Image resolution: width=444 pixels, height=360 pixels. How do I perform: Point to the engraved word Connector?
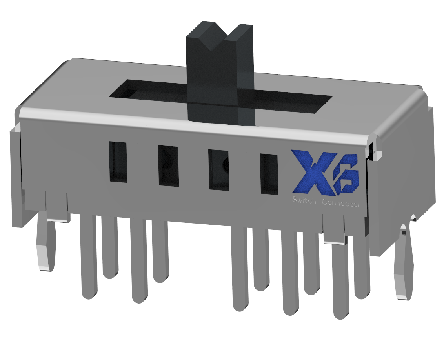(341, 204)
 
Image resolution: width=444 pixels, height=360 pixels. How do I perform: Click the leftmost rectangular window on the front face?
(118, 162)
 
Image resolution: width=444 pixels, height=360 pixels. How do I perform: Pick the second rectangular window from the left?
(168, 165)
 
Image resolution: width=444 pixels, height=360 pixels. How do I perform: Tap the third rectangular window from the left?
(219, 170)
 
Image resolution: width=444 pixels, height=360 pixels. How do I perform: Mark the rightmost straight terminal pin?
(362, 267)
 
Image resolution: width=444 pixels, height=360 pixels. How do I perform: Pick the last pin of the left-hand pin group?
(160, 251)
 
